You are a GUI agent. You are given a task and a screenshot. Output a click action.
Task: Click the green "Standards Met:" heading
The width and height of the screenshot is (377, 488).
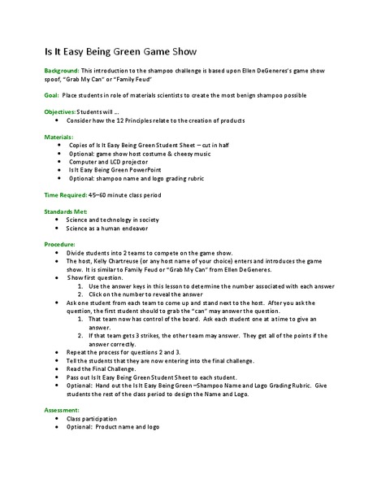[64, 211]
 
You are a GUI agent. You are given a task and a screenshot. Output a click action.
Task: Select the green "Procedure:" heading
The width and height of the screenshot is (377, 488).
[59, 243]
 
